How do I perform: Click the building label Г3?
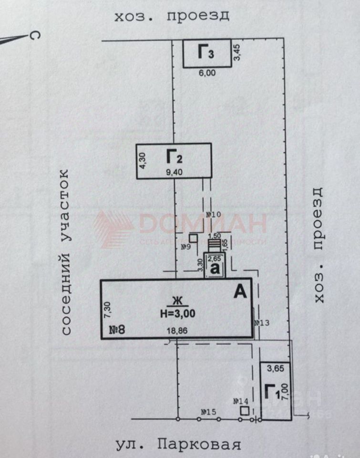click(206, 52)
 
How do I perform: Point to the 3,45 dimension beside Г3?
click(237, 53)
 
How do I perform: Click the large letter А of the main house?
click(240, 291)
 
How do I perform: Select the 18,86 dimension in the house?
click(176, 330)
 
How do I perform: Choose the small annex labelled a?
click(215, 269)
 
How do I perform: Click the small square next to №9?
click(194, 238)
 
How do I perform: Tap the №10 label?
click(214, 215)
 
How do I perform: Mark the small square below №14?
click(245, 411)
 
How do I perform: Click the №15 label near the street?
click(208, 411)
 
